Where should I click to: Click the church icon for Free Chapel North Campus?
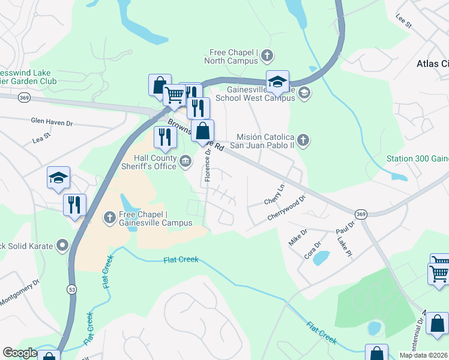click(x=267, y=56)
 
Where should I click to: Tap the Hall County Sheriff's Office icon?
click(x=186, y=160)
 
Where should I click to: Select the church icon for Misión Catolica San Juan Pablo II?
click(x=304, y=140)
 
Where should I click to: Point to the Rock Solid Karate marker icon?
click(x=62, y=245)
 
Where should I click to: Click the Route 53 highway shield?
click(x=71, y=290)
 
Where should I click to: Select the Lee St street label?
click(x=403, y=23)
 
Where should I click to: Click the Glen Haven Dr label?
click(x=52, y=122)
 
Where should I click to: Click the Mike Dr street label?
click(x=298, y=235)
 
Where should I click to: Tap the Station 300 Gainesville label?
click(x=417, y=158)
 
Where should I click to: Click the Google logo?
click(x=20, y=353)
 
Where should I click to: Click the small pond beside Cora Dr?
click(x=321, y=258)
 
